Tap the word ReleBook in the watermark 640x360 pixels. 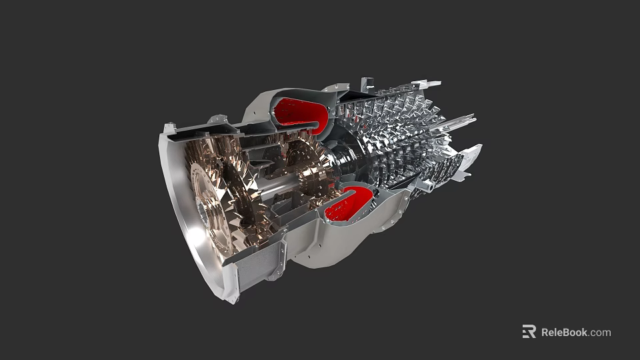pyautogui.click(x=564, y=332)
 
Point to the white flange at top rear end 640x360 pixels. pyautogui.click(x=427, y=84)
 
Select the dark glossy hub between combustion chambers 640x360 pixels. pyautogui.click(x=347, y=160)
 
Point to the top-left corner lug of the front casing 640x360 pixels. pyautogui.click(x=170, y=127)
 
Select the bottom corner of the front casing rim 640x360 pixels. pyautogui.click(x=230, y=297)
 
